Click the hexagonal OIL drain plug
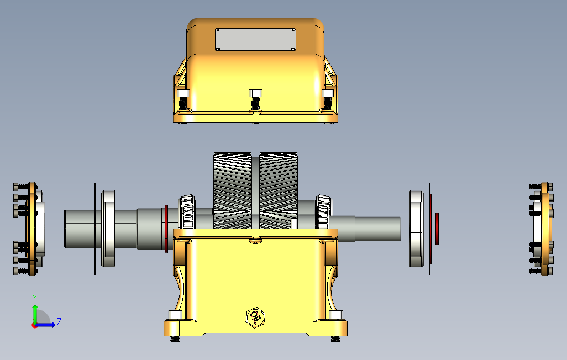pyautogui.click(x=255, y=317)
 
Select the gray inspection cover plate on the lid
pyautogui.click(x=256, y=39)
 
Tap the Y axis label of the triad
pyautogui.click(x=35, y=298)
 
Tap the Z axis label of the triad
pyautogui.click(x=59, y=321)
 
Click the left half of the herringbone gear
pyautogui.click(x=233, y=190)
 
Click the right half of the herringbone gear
pyautogui.click(x=279, y=190)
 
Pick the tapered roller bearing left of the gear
pyautogui.click(x=187, y=212)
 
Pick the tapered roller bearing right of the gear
pyautogui.click(x=323, y=212)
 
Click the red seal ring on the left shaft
pyautogui.click(x=166, y=229)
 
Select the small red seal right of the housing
pyautogui.click(x=437, y=229)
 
